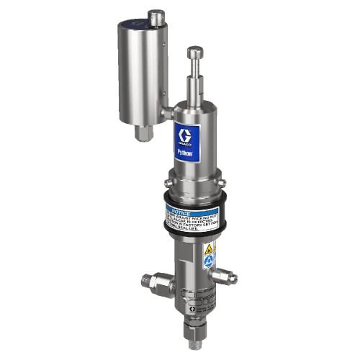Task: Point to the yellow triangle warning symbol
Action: coord(208,248)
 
